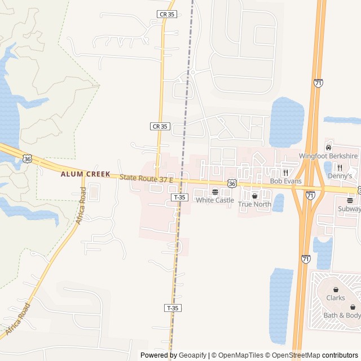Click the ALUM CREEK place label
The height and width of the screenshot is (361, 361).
point(86,174)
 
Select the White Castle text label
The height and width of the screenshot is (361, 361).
point(214,200)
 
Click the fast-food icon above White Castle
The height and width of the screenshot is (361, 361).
point(214,192)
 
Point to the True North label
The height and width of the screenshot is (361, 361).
point(254,204)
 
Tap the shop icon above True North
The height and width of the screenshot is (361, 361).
point(254,196)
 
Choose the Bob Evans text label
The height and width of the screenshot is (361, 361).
point(285,181)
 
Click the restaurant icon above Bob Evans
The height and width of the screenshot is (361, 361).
point(285,173)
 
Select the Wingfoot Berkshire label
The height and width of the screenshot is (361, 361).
point(328,156)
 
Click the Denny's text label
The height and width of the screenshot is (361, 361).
point(340,176)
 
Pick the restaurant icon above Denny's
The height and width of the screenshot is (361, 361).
point(340,168)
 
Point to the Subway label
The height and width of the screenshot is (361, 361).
point(349,209)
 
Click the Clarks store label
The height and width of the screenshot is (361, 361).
point(335,298)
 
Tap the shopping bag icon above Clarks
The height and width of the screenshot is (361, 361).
point(335,289)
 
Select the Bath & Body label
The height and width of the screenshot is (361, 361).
point(341,315)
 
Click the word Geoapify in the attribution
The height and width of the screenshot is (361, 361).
point(192,355)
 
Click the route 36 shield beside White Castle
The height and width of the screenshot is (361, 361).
point(232,183)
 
